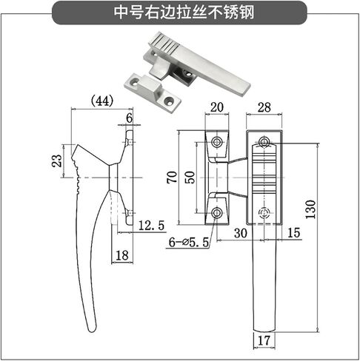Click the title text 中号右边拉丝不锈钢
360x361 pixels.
coord(184,13)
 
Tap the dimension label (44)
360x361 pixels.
coord(102,101)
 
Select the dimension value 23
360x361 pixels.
coord(57,161)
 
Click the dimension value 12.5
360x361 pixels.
coord(151,226)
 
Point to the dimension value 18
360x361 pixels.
coord(122,255)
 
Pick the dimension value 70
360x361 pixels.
coord(172,177)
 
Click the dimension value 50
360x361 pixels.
coord(190,177)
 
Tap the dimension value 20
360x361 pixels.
coord(217,107)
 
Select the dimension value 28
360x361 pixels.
coord(264,107)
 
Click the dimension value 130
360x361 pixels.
coord(310,209)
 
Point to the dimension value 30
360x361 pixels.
coord(241,233)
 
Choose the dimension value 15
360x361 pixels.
coord(293,233)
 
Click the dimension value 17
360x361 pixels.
coord(264,340)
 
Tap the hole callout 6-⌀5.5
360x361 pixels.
coord(189,242)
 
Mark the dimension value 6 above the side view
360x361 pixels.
coord(129,118)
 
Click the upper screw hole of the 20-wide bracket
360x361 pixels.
coord(217,142)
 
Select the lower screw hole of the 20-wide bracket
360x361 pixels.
coord(217,212)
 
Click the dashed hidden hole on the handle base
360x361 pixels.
coord(264,212)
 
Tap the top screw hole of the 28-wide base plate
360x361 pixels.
coord(264,141)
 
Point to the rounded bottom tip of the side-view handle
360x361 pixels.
coord(93,331)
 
